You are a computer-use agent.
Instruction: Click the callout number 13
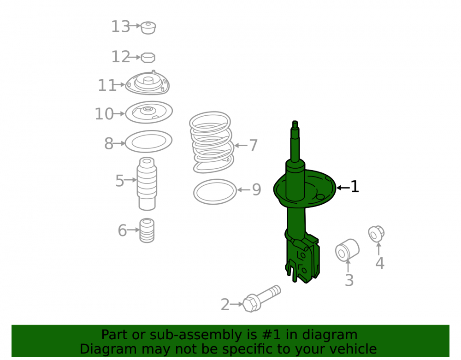[120, 27]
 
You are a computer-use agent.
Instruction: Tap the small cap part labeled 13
[148, 28]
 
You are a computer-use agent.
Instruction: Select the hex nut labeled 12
[148, 58]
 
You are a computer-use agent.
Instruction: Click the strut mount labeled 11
[148, 83]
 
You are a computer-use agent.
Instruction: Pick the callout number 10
[104, 114]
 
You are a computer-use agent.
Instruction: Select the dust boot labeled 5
[147, 184]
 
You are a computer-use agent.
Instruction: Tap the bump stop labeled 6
[147, 230]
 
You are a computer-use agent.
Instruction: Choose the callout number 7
[253, 145]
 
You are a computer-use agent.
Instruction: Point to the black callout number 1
[355, 187]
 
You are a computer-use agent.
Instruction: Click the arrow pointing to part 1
[343, 188]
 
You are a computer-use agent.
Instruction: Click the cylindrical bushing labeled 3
[347, 250]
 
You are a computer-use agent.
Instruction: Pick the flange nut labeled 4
[376, 234]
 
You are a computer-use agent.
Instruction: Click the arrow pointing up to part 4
[378, 248]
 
